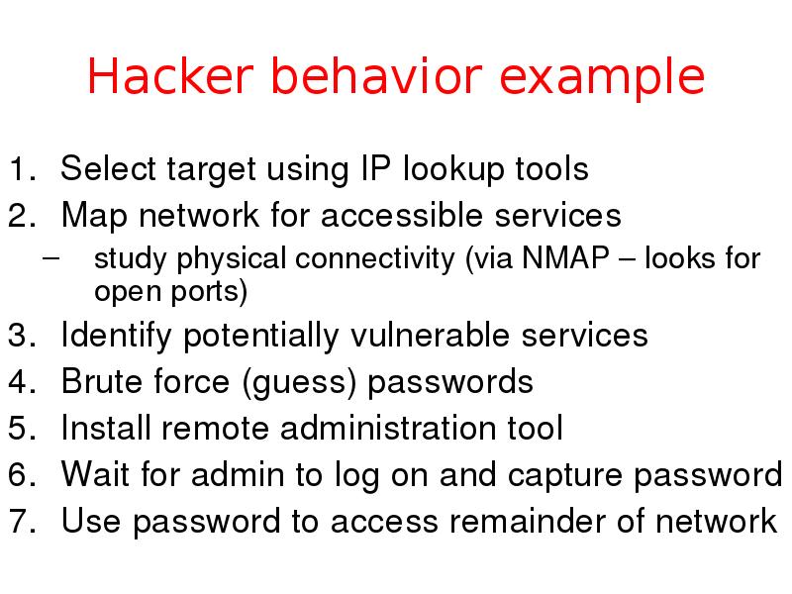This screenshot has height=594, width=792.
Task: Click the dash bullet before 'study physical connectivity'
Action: [51, 260]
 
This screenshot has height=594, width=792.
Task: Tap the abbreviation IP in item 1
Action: [362, 169]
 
